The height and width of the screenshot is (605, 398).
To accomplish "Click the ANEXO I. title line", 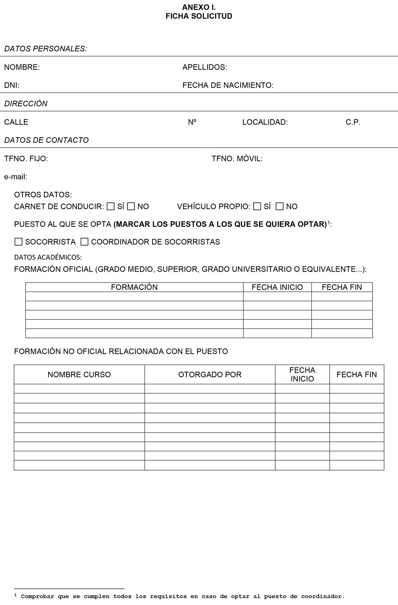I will (x=199, y=7).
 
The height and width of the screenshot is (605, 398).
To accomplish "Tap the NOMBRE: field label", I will (x=22, y=67).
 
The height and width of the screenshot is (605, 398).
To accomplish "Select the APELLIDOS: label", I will (x=205, y=67).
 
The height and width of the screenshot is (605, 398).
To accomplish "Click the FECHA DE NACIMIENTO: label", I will (x=228, y=85).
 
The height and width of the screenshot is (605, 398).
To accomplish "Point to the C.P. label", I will (x=353, y=122).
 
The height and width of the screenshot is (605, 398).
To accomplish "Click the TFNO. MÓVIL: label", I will (x=237, y=159).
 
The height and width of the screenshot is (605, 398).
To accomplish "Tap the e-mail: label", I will (x=15, y=177).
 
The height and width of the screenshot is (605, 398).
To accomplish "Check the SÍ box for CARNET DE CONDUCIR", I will (x=111, y=206).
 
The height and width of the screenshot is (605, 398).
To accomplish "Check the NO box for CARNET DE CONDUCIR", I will (x=131, y=206).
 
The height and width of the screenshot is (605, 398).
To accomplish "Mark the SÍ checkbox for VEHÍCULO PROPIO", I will (x=257, y=206).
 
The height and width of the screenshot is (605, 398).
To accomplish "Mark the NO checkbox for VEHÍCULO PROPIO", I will (x=280, y=206).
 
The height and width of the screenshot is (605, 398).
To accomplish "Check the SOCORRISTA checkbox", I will (x=18, y=242).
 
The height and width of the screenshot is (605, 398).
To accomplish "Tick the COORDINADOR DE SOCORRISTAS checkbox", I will (x=84, y=242).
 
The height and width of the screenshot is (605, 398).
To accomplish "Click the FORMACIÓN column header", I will (x=134, y=287).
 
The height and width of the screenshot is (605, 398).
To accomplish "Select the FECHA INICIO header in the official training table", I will (x=277, y=287).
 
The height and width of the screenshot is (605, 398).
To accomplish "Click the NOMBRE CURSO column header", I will (x=79, y=375).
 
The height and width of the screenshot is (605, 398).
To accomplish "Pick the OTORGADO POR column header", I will (x=210, y=375).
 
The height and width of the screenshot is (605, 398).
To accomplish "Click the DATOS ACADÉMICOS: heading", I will (x=48, y=257).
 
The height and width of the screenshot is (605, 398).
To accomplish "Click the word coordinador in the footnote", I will (x=322, y=596).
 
